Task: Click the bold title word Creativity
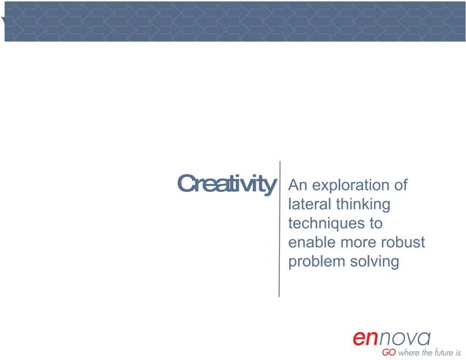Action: click(x=226, y=184)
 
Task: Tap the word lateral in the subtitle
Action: click(x=308, y=204)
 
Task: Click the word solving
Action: click(x=374, y=261)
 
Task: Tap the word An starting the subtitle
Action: click(x=298, y=185)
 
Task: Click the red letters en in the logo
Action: click(x=367, y=338)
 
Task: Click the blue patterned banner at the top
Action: click(x=233, y=20)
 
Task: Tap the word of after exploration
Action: click(x=399, y=185)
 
